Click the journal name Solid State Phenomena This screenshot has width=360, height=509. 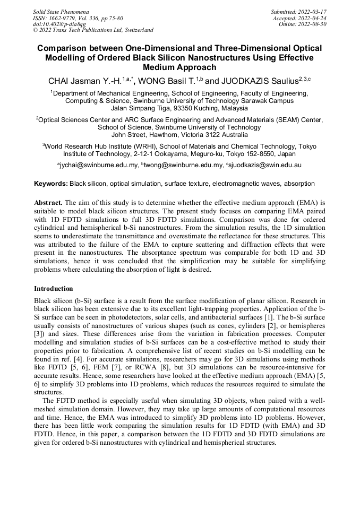coord(61,11)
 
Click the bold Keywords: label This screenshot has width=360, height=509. coord(51,184)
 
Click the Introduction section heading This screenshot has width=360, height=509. coord(54,289)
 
